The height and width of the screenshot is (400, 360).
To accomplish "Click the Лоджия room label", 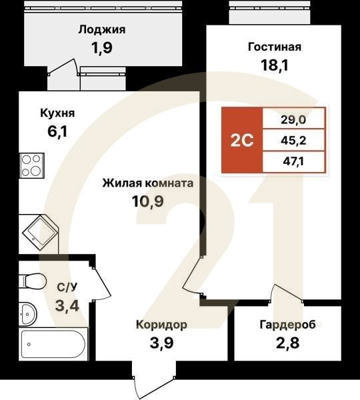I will [101, 29].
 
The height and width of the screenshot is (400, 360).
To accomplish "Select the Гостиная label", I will [275, 47].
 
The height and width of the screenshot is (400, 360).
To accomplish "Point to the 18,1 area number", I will [275, 65].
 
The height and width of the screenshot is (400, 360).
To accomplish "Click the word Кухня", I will [57, 113].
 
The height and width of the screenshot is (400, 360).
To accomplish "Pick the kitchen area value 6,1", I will [57, 132].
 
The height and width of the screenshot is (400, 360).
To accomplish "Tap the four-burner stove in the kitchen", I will [30, 165].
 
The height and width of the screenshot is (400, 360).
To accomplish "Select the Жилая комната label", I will [147, 182].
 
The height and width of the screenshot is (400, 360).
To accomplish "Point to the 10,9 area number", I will [147, 201].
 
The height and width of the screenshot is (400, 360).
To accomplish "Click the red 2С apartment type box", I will [241, 141].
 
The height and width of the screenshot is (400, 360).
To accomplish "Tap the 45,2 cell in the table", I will [293, 140].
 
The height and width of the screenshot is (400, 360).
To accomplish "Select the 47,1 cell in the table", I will [293, 161].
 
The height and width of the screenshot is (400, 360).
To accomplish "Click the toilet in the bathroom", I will [32, 280].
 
